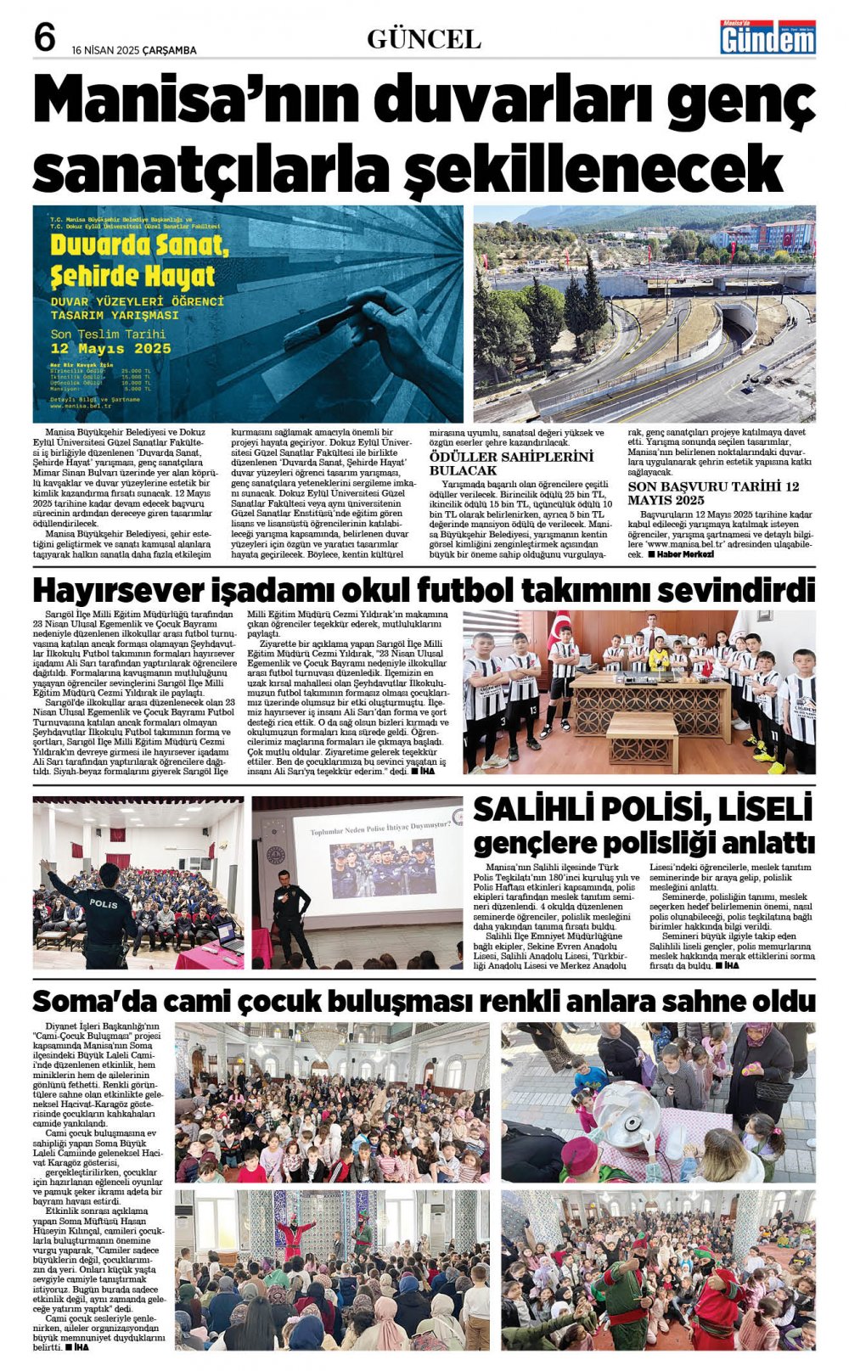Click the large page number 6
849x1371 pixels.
pos(44,37)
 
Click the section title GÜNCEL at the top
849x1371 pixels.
pos(424,39)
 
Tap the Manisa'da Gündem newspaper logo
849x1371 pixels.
pos(767,37)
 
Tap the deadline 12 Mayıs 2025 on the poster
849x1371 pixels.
pos(110,348)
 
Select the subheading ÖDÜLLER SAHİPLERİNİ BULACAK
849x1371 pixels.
pos(511,464)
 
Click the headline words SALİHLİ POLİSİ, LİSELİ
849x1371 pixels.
pos(643,809)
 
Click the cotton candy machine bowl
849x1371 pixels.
pos(631,1107)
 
